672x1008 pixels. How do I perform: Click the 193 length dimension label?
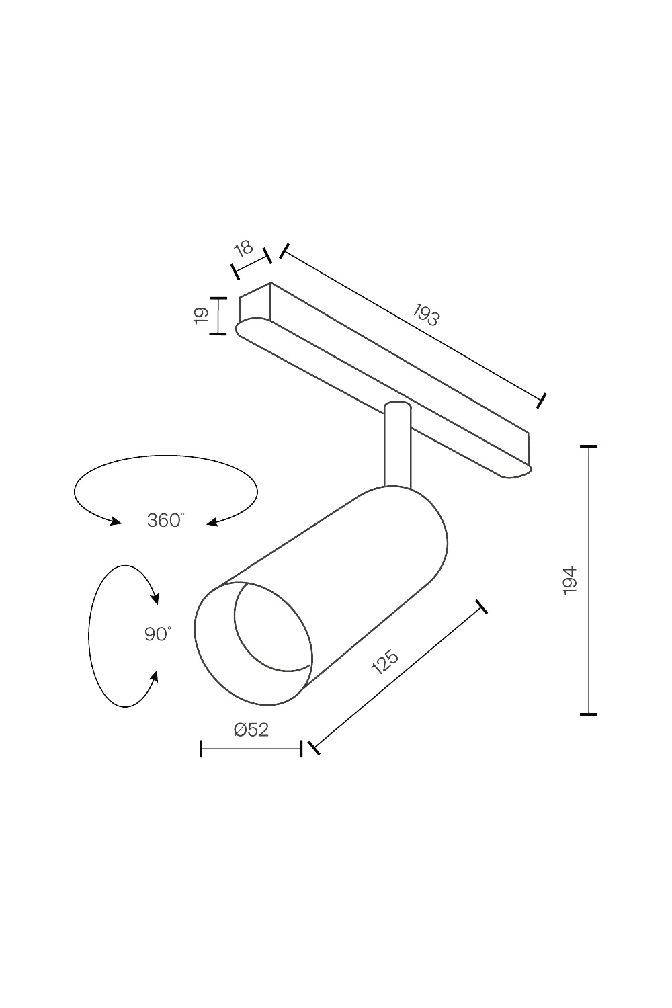(x=426, y=314)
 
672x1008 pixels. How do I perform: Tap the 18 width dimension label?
(x=243, y=249)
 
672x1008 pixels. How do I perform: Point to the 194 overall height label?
(x=570, y=580)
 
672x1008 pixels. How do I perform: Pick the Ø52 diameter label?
(x=251, y=730)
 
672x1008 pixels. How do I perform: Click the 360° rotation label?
(x=165, y=520)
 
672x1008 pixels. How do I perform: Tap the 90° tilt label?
(x=157, y=634)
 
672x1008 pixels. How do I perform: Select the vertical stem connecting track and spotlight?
(x=397, y=447)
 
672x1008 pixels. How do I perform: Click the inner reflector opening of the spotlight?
(x=272, y=628)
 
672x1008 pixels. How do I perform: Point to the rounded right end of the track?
(x=521, y=471)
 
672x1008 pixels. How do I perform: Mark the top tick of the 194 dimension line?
(x=589, y=446)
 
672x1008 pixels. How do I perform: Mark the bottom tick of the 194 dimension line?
(x=589, y=714)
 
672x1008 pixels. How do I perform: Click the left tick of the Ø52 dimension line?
(x=201, y=749)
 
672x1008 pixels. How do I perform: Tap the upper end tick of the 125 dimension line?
(x=480, y=607)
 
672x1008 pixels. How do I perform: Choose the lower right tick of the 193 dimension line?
(x=542, y=401)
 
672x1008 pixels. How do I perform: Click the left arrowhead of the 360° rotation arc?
(x=116, y=521)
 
